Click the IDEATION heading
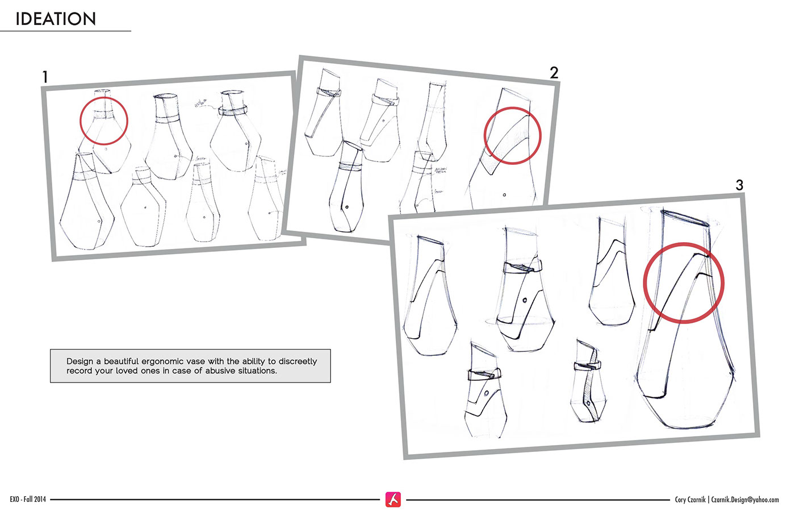click(x=56, y=19)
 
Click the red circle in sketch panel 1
click(x=104, y=121)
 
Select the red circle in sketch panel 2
click(x=512, y=136)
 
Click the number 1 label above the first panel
click(x=45, y=77)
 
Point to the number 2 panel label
click(x=554, y=73)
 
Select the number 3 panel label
click(x=739, y=185)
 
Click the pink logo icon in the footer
click(x=393, y=499)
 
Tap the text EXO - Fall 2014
click(x=28, y=500)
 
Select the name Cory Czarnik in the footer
click(x=690, y=500)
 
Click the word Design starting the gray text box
click(x=80, y=362)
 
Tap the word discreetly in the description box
click(x=298, y=362)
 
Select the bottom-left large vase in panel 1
click(x=85, y=205)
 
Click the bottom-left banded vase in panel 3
click(x=484, y=392)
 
